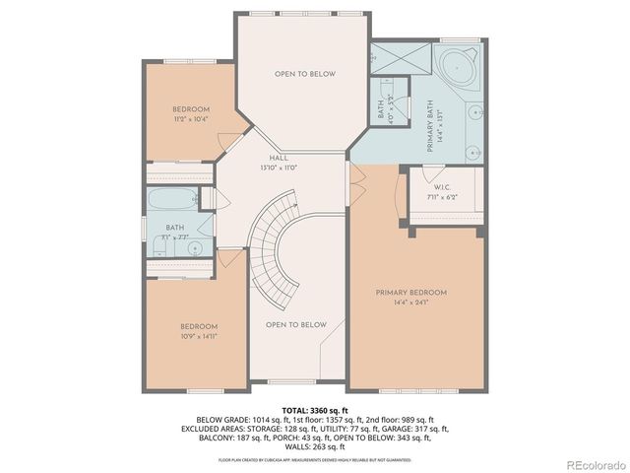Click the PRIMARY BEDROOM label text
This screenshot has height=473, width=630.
(x=410, y=293)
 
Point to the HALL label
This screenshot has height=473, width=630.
(x=279, y=158)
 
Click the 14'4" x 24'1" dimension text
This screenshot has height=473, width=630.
(x=410, y=304)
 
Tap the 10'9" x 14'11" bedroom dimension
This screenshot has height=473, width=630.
(x=199, y=336)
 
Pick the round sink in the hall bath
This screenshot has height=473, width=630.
(x=193, y=247)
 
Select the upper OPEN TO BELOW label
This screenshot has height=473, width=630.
(x=304, y=74)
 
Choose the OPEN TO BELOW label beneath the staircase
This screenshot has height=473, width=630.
(x=295, y=325)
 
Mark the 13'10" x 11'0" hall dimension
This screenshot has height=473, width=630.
(x=279, y=168)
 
